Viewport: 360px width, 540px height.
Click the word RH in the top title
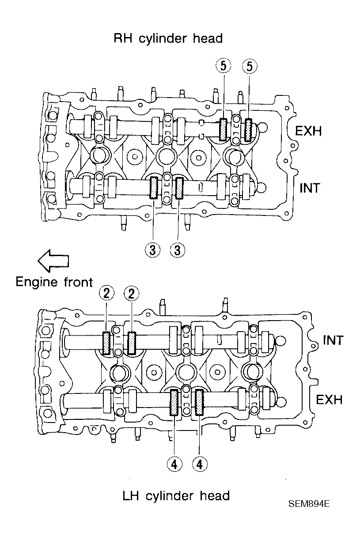point(123,38)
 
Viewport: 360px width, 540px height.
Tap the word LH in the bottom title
point(130,496)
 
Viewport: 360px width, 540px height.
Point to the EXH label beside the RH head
point(308,131)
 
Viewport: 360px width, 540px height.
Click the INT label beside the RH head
point(310,188)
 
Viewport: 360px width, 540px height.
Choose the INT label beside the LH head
point(333,340)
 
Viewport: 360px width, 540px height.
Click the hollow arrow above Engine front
point(53,261)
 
